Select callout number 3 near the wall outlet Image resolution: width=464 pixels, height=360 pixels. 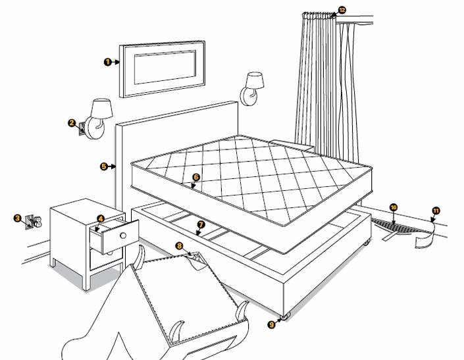[17, 217]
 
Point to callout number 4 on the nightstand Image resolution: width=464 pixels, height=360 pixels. [100, 219]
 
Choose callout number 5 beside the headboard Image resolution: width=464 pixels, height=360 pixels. [104, 167]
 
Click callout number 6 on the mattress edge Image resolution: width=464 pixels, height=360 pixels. [195, 177]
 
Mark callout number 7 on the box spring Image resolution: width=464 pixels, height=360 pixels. [201, 224]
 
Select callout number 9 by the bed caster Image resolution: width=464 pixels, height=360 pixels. [271, 323]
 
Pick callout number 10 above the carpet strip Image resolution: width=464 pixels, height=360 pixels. [393, 207]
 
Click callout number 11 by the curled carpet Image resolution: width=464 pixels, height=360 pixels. [435, 211]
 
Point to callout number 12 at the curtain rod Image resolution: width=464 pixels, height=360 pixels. [342, 10]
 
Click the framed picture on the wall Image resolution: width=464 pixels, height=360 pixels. [161, 68]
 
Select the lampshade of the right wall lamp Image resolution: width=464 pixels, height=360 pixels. [255, 81]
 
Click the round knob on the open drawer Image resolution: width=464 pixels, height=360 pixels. [124, 234]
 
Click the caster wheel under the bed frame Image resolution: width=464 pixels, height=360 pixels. [284, 317]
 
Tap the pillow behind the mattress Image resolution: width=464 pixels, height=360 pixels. [290, 142]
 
